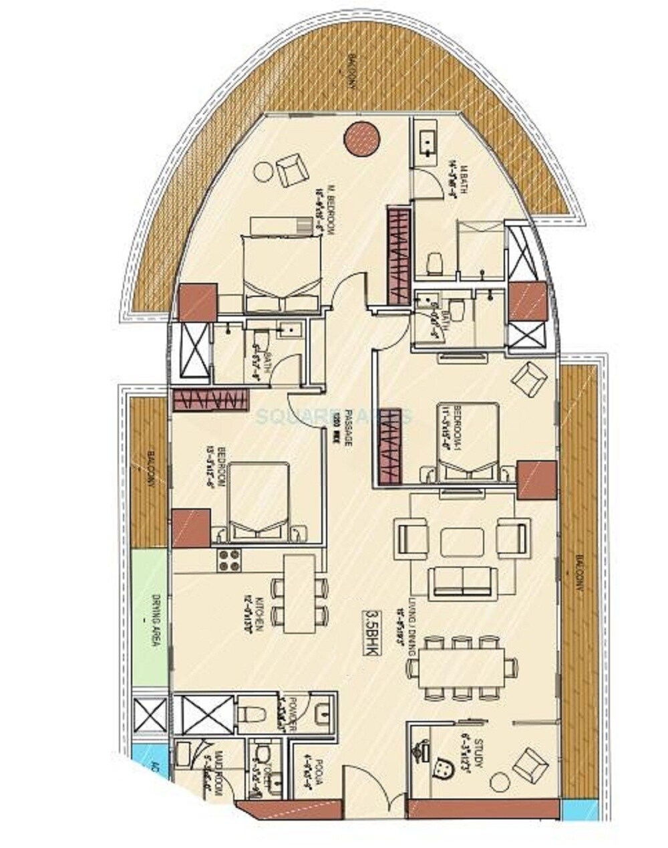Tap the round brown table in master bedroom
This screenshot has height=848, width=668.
coord(362,138)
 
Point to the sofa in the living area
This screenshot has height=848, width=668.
coord(463,582)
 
